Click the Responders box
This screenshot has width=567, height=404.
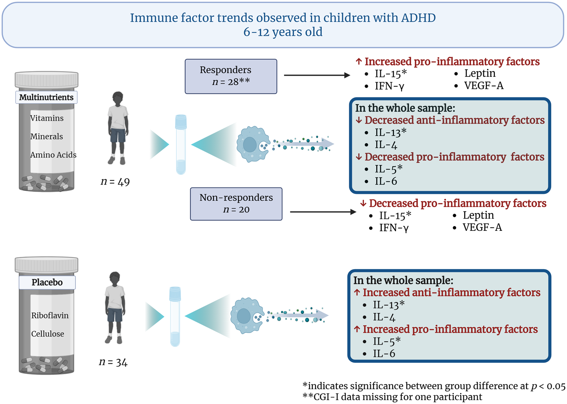click(231, 77)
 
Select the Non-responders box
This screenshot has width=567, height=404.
click(236, 204)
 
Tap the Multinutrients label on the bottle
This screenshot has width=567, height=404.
click(46, 97)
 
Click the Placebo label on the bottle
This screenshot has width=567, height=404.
click(47, 282)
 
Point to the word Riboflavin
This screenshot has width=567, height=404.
click(50, 315)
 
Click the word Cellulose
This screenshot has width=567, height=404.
click(48, 334)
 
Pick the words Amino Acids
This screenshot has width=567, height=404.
click(53, 155)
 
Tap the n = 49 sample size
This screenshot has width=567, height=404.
click(115, 182)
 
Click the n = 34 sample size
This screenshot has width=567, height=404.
click(113, 362)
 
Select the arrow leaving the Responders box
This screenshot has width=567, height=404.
click(317, 75)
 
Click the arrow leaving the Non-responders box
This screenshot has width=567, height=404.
click(323, 212)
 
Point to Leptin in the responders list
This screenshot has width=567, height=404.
click(480, 74)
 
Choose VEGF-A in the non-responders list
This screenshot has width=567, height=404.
click(482, 227)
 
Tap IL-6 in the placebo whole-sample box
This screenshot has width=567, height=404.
click(384, 353)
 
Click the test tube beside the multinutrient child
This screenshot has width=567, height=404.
click(181, 145)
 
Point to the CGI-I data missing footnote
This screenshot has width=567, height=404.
click(392, 397)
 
